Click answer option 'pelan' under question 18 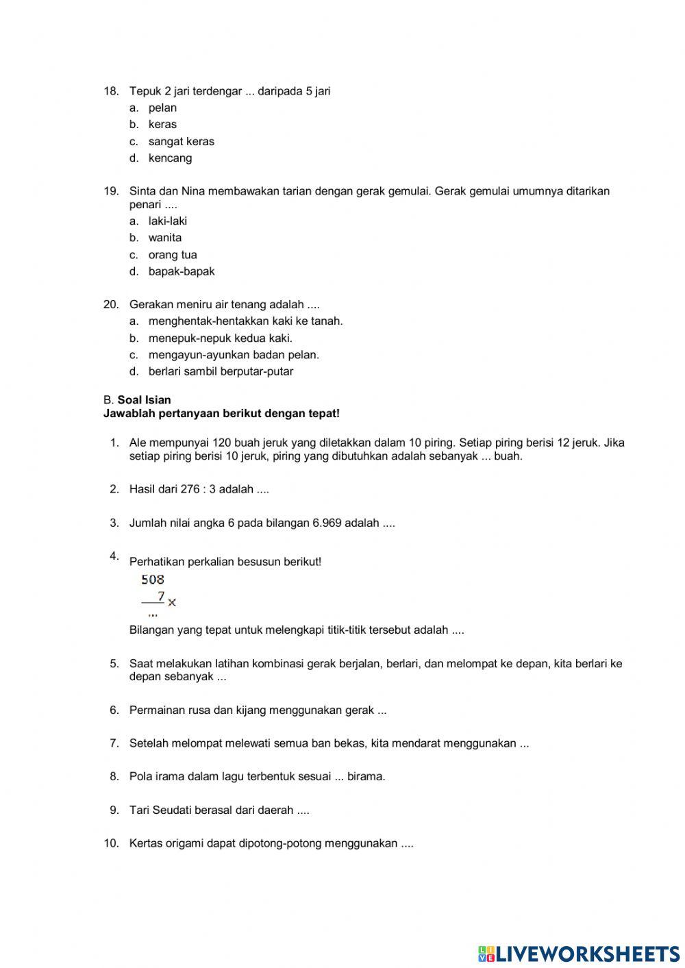click(162, 108)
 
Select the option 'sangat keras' click(181, 141)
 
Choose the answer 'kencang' click(170, 158)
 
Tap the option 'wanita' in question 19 click(165, 238)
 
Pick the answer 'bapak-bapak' click(182, 271)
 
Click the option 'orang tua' click(173, 255)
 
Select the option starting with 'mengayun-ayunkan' click(234, 355)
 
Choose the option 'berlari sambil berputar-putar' click(221, 371)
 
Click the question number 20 click(111, 304)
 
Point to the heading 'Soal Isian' click(144, 400)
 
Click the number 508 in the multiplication click(153, 580)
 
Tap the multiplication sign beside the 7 click(172, 602)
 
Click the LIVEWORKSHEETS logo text click(587, 953)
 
